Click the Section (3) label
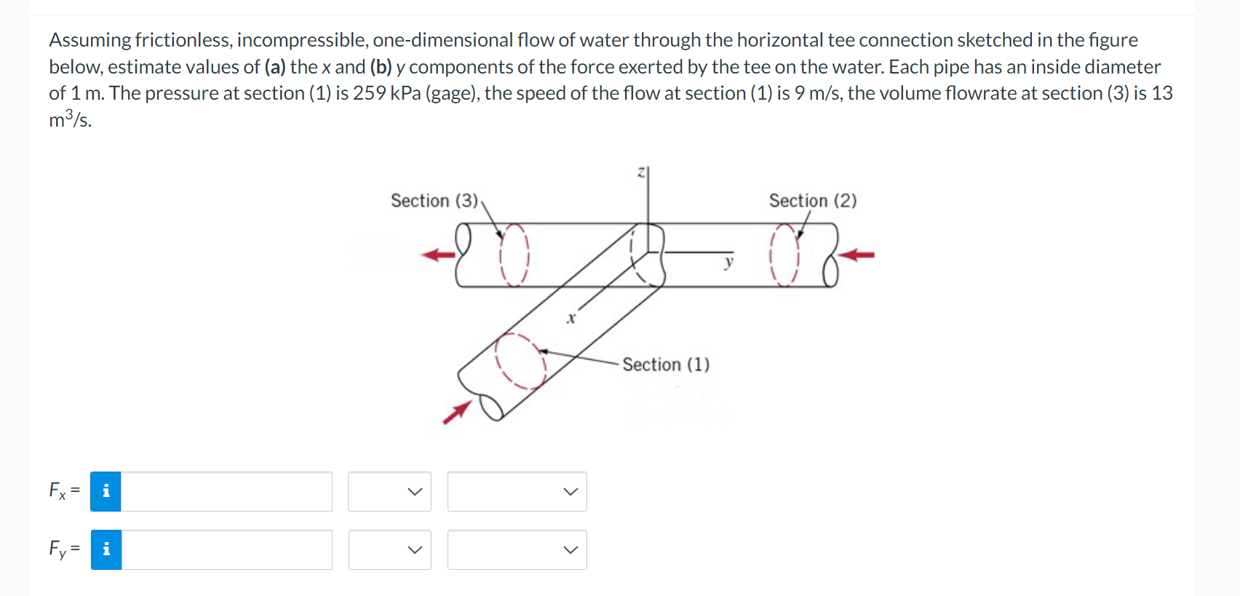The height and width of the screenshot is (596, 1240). (x=434, y=201)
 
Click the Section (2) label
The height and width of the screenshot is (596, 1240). (x=812, y=201)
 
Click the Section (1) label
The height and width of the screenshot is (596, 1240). (x=665, y=365)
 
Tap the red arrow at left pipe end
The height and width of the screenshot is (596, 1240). (x=438, y=255)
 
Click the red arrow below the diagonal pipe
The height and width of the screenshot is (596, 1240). (x=456, y=413)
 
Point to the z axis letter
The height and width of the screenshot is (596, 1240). (x=641, y=172)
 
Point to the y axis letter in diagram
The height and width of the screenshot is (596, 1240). (x=728, y=262)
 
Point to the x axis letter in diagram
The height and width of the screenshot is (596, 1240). (x=571, y=318)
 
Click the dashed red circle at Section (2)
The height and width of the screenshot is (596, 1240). (x=784, y=255)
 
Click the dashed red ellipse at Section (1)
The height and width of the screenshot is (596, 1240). (x=520, y=361)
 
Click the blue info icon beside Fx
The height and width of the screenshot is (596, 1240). (x=106, y=491)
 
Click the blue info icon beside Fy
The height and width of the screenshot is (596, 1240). (x=106, y=549)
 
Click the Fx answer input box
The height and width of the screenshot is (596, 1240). (x=226, y=491)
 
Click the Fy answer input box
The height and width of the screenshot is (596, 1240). (x=226, y=549)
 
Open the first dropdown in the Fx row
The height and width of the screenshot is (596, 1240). (x=389, y=491)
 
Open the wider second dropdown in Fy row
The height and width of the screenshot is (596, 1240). (x=517, y=549)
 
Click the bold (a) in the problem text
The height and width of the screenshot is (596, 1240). (x=274, y=67)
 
